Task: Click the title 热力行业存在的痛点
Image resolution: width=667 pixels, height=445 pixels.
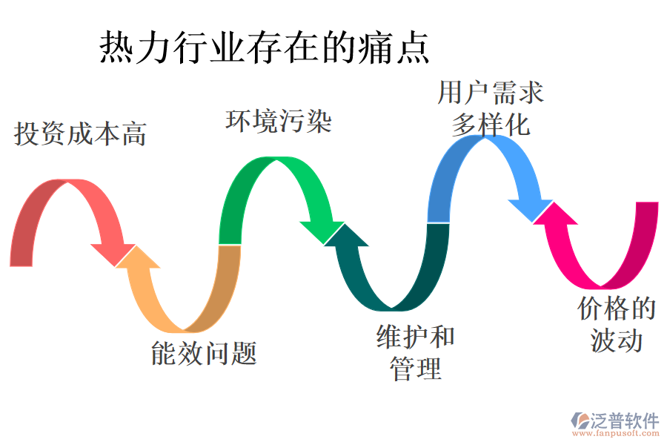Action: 265,48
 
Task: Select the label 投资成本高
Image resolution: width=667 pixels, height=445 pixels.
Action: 80,134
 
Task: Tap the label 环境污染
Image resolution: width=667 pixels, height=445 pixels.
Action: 278,121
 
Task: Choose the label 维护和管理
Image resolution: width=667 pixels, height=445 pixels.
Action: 415,352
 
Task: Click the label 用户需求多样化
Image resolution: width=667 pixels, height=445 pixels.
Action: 491,108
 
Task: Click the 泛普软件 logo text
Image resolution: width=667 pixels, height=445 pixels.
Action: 624,421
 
